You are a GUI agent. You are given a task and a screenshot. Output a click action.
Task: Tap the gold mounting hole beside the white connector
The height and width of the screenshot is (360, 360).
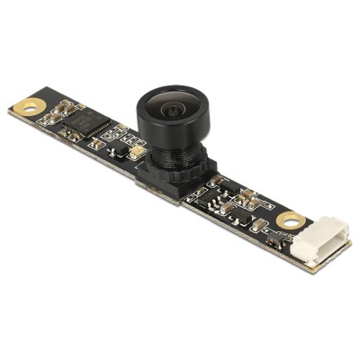[x=289, y=220]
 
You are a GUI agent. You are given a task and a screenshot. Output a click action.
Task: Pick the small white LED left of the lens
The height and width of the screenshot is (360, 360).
[x=134, y=154]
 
